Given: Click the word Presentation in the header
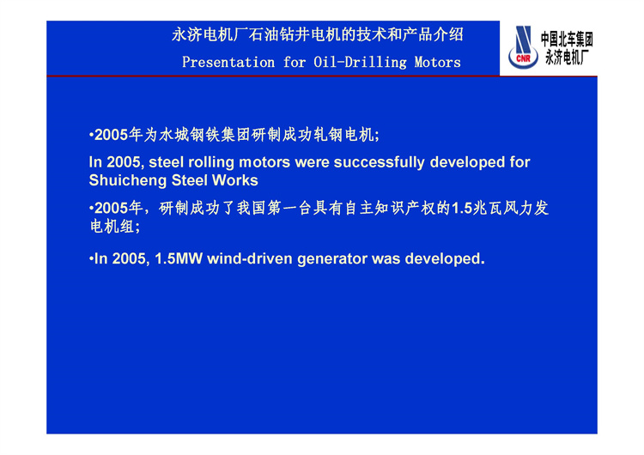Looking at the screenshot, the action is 228,63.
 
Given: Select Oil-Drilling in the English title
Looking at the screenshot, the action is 360,63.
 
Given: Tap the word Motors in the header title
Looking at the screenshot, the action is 437,63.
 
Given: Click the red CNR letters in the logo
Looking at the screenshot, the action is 523,58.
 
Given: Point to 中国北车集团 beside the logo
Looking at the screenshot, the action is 567,39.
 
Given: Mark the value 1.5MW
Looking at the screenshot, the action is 179,259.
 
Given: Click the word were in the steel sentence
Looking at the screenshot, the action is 312,162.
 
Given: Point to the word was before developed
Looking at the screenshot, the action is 386,259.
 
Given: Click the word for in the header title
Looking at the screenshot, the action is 294,63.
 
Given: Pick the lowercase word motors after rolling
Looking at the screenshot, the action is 264,162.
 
